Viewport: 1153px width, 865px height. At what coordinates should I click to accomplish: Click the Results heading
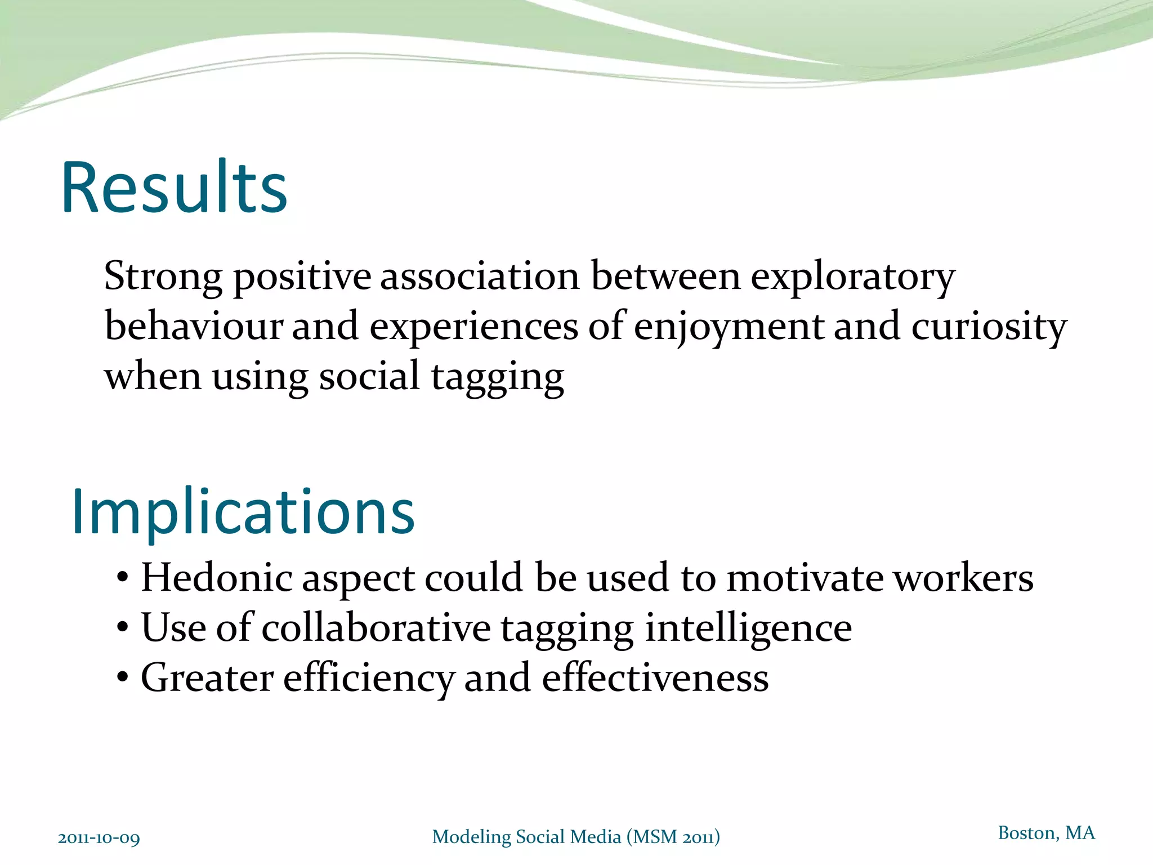pyautogui.click(x=175, y=188)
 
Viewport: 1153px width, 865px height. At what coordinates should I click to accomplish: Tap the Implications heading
pyautogui.click(x=243, y=512)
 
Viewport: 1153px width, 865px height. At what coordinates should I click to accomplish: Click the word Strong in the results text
pyautogui.click(x=163, y=277)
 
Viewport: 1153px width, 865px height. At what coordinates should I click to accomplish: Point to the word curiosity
pyautogui.click(x=989, y=327)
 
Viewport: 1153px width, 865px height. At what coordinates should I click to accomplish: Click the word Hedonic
pyautogui.click(x=217, y=578)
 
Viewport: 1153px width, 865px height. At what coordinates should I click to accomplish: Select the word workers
pyautogui.click(x=964, y=578)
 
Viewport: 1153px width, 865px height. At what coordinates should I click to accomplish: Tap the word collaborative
pyautogui.click(x=376, y=628)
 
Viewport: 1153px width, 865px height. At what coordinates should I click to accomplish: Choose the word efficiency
pyautogui.click(x=368, y=678)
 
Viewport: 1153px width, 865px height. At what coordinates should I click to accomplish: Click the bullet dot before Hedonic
pyautogui.click(x=123, y=579)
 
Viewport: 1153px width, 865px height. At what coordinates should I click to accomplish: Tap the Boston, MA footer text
pyautogui.click(x=1046, y=833)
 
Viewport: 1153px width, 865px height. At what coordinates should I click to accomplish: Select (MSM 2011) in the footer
pyautogui.click(x=673, y=837)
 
